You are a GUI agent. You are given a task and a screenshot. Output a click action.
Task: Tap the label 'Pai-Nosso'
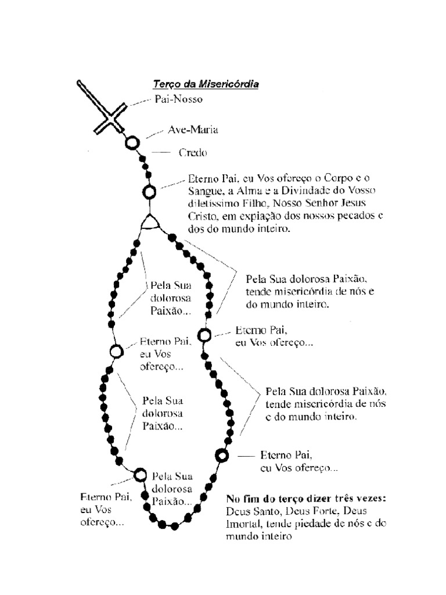(x=178, y=99)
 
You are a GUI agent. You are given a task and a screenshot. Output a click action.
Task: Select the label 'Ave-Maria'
(x=193, y=130)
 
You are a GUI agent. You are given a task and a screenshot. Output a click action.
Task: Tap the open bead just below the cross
(x=133, y=142)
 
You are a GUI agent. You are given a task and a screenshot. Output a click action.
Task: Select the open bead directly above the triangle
(x=149, y=192)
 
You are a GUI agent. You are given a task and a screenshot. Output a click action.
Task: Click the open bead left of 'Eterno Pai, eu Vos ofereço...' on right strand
(x=204, y=335)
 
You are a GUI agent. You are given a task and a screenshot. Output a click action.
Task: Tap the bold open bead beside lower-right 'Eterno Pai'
(x=221, y=455)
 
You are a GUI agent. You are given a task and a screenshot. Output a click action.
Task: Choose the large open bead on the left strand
(x=117, y=352)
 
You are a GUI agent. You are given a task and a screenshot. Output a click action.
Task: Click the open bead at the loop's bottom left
(x=141, y=475)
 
